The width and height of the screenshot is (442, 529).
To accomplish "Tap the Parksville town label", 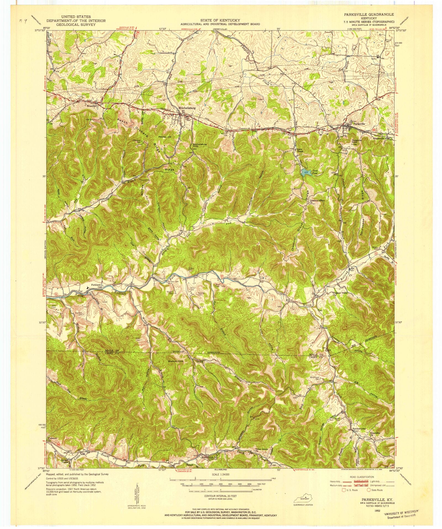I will point(359,124).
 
